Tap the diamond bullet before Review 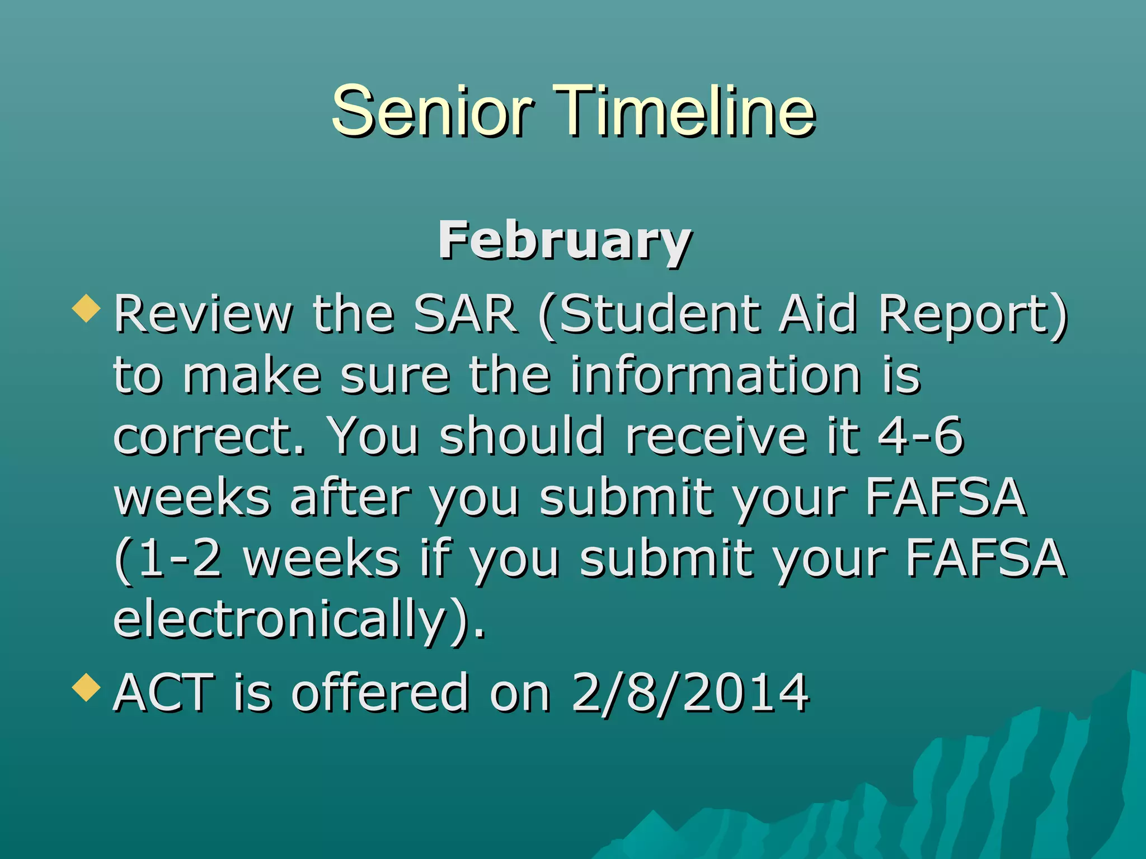tap(87, 309)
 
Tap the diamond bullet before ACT tap(87, 687)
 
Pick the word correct tap(208, 436)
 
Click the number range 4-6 tap(920, 436)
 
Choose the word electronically tap(280, 620)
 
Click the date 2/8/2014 tap(690, 693)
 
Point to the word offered tap(380, 693)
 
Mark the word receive tap(716, 436)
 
